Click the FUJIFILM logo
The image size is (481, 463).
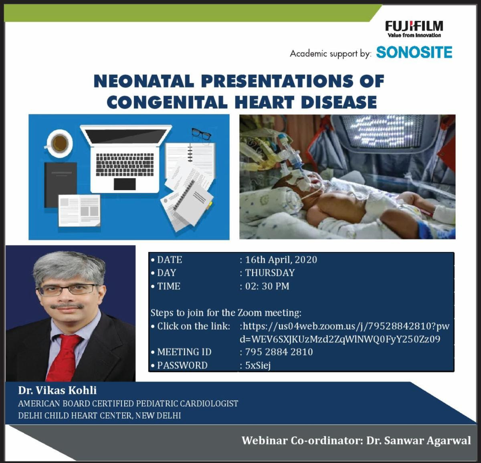coord(414,29)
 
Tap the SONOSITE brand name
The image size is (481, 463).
coord(414,53)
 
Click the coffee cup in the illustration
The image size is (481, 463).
coord(60,144)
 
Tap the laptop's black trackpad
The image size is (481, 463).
coord(125,184)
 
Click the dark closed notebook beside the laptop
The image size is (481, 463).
coord(61,185)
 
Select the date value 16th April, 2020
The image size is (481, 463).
coord(281,260)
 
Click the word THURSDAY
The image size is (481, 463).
coord(270,273)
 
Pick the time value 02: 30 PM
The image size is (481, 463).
coord(267,286)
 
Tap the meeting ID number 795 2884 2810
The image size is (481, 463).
coord(279,352)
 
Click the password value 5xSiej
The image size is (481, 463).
coord(258,365)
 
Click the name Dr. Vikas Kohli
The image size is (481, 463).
coord(57,390)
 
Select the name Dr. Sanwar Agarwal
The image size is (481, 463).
coord(418,441)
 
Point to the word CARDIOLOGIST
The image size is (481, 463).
coord(209,403)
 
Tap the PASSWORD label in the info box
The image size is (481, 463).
coord(182,366)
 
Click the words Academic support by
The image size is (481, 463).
coord(331,54)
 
